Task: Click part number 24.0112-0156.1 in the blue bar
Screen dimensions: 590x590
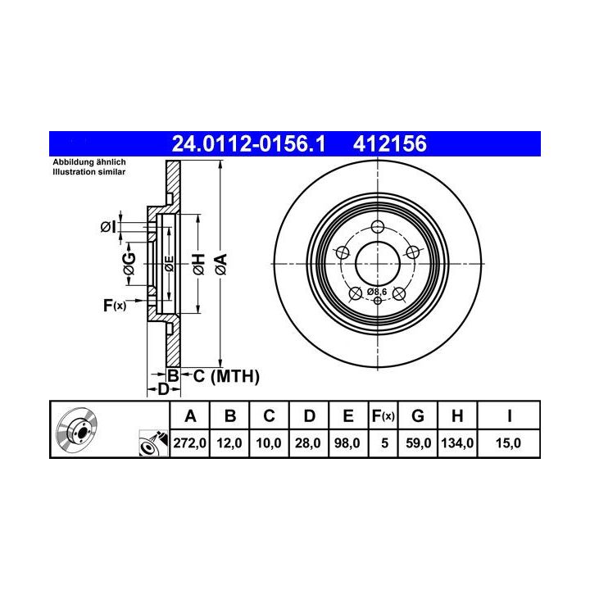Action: pyautogui.click(x=248, y=143)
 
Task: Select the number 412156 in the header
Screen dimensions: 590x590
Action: pyautogui.click(x=390, y=143)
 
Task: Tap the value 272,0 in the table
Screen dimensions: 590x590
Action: pyautogui.click(x=189, y=442)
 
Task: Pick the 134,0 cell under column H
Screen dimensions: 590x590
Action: pyautogui.click(x=457, y=442)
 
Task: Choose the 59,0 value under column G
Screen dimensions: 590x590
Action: pyautogui.click(x=418, y=442)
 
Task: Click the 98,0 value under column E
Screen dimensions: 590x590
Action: pyautogui.click(x=347, y=442)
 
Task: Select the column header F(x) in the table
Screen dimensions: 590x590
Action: pyautogui.click(x=383, y=416)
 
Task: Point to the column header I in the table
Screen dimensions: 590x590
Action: pyautogui.click(x=509, y=416)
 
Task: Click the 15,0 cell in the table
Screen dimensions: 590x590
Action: pyautogui.click(x=508, y=442)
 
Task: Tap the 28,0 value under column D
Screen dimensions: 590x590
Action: pyautogui.click(x=308, y=442)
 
